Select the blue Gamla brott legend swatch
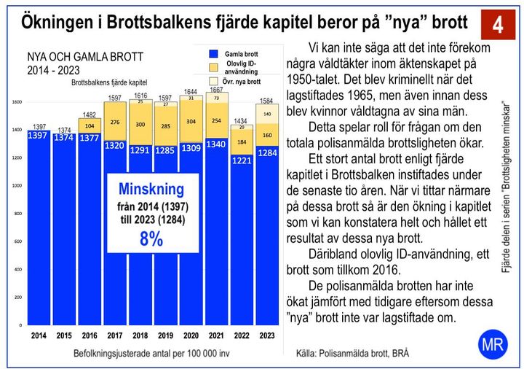pyautogui.click(x=213, y=55)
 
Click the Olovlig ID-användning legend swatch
pyautogui.click(x=213, y=69)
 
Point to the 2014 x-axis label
pyautogui.click(x=39, y=336)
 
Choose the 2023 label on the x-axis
pyautogui.click(x=268, y=336)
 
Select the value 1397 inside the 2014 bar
pyautogui.click(x=39, y=136)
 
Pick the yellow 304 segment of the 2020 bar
pyautogui.click(x=191, y=122)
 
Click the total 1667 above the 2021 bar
pyautogui.click(x=217, y=90)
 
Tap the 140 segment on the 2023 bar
pyautogui.click(x=268, y=114)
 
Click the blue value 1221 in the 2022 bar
pyautogui.click(x=242, y=160)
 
